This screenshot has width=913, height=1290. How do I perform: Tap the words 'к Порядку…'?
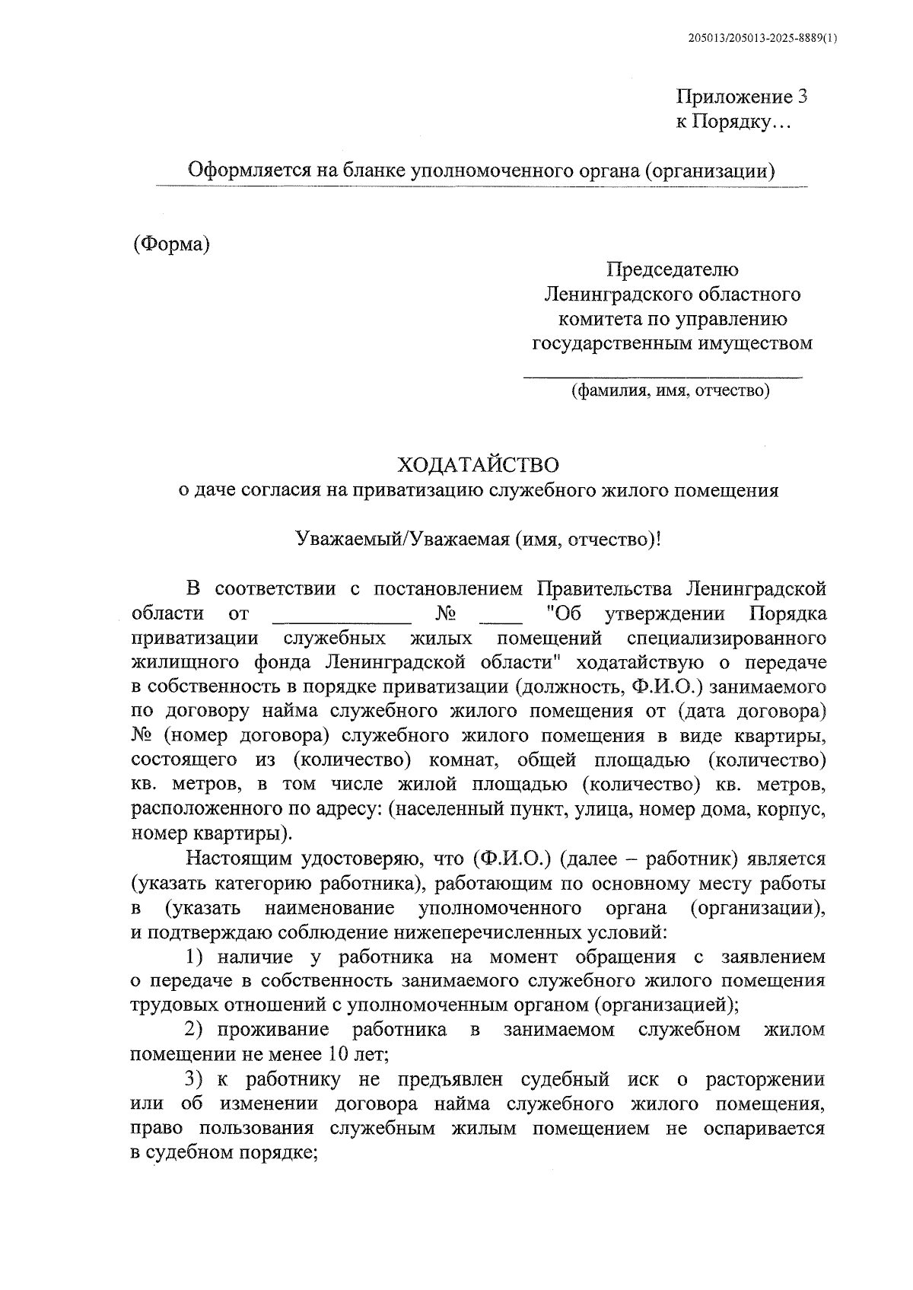pos(733,123)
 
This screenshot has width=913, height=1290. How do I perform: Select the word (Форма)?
pos(171,244)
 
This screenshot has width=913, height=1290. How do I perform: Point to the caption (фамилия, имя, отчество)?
pos(671,391)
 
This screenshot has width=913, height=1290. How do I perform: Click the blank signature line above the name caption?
pos(662,374)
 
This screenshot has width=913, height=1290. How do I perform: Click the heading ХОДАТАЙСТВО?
pos(479,464)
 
